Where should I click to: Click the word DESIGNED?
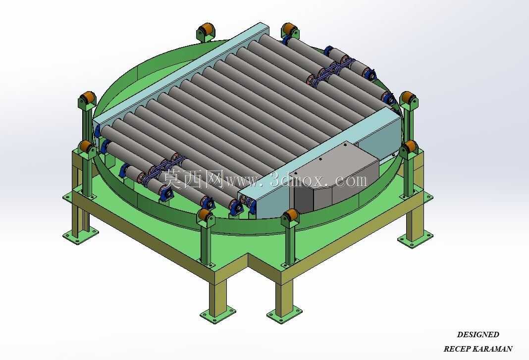(477, 335)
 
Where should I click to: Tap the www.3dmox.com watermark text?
(296, 181)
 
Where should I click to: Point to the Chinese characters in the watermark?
(193, 179)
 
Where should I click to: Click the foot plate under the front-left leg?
(217, 315)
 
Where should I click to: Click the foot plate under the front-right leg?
(284, 314)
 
